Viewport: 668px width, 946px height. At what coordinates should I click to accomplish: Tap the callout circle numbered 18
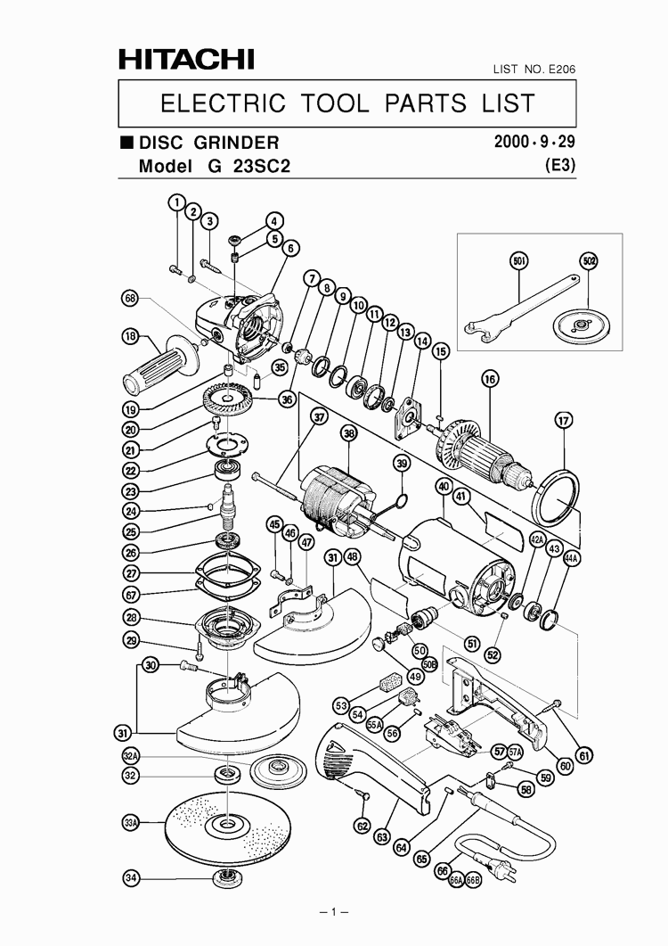click(131, 337)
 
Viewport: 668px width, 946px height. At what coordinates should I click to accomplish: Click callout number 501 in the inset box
click(519, 260)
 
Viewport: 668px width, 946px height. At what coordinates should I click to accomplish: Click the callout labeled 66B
click(473, 880)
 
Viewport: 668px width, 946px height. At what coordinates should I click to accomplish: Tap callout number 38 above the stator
click(348, 432)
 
